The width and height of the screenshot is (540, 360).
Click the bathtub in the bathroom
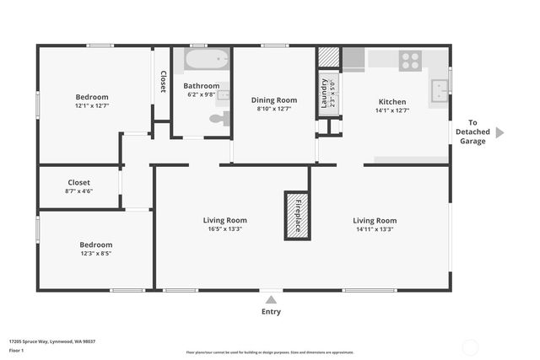tap(207, 60)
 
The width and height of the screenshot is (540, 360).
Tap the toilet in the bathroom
tap(219, 119)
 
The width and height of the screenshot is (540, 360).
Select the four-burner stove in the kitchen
tap(411, 60)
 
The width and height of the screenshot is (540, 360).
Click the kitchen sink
tap(439, 89)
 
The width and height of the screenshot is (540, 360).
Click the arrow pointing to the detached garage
tap(499, 132)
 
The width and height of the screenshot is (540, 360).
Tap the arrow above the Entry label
tap(271, 298)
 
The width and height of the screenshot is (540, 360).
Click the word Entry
tap(271, 311)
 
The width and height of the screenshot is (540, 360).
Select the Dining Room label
tap(274, 100)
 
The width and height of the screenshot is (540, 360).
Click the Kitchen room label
tap(391, 101)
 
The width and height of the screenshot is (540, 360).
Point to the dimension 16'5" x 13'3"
tap(225, 229)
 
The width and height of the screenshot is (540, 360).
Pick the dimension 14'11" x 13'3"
tap(374, 229)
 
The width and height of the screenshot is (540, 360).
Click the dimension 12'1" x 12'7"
tap(92, 106)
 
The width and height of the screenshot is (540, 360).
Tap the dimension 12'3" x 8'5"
tap(95, 253)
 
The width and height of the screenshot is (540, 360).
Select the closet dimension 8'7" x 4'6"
tap(78, 191)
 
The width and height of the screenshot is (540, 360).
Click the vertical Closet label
tap(163, 82)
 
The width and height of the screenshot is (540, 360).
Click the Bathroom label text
tap(202, 85)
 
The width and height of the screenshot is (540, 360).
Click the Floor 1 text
tap(16, 349)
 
